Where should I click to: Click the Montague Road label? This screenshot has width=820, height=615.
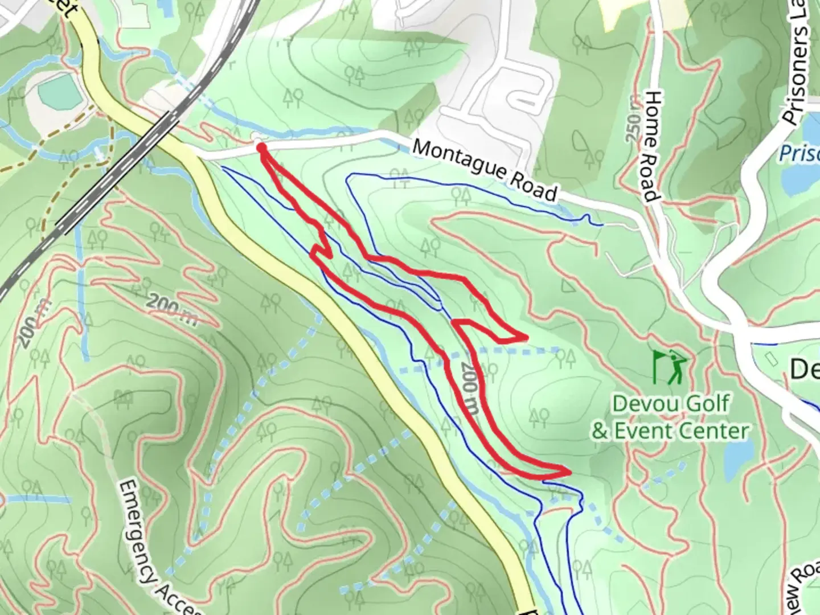(x=484, y=170)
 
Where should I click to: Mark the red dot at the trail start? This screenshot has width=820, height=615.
(x=261, y=147)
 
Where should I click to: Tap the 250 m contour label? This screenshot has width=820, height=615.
(x=633, y=128)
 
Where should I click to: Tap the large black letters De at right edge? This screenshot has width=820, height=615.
(x=804, y=370)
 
